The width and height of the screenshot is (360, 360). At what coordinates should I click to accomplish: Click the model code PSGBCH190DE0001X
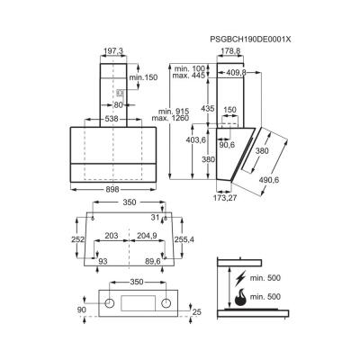point(250,40)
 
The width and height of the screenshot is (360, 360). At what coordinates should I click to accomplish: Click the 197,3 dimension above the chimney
point(113,52)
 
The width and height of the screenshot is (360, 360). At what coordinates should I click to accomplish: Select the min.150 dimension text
point(143,77)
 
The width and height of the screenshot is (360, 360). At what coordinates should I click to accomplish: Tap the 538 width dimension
point(112,119)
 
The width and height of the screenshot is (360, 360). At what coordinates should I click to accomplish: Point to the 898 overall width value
point(112,190)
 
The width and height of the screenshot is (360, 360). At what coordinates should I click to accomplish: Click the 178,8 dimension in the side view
point(230,52)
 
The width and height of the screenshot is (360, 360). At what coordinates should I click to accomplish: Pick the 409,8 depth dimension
point(236,72)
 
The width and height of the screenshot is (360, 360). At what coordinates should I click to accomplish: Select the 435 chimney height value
point(208,109)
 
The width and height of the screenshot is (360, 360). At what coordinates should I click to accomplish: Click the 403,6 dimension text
point(196,139)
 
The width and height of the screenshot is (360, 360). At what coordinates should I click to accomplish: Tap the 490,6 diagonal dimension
point(269,180)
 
